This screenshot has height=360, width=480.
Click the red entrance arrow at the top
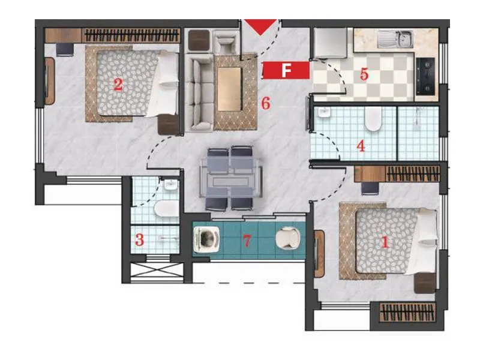tap(261, 26)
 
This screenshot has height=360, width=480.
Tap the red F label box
tap(286, 70)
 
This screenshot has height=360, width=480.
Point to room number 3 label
tap(139, 241)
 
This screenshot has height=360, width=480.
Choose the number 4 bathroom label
tap(361, 146)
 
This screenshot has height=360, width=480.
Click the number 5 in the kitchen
tap(364, 75)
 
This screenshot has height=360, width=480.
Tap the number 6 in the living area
tap(266, 103)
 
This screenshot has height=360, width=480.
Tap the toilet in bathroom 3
tap(165, 208)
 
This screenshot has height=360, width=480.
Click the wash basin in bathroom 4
tap(324, 114)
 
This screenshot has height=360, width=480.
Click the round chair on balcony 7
tap(287, 239)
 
